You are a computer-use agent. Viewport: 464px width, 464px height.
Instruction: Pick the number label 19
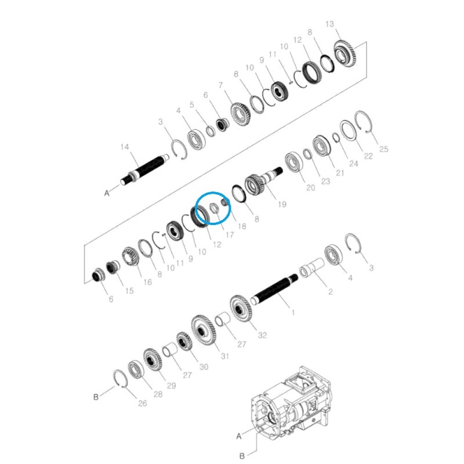tap(282, 204)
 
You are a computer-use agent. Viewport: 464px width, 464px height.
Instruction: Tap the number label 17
tap(230, 235)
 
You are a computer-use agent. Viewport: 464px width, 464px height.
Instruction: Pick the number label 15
tap(129, 291)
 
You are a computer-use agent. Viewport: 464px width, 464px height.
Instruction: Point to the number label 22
tap(368, 156)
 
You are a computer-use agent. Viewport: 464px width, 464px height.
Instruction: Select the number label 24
tap(354, 164)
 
